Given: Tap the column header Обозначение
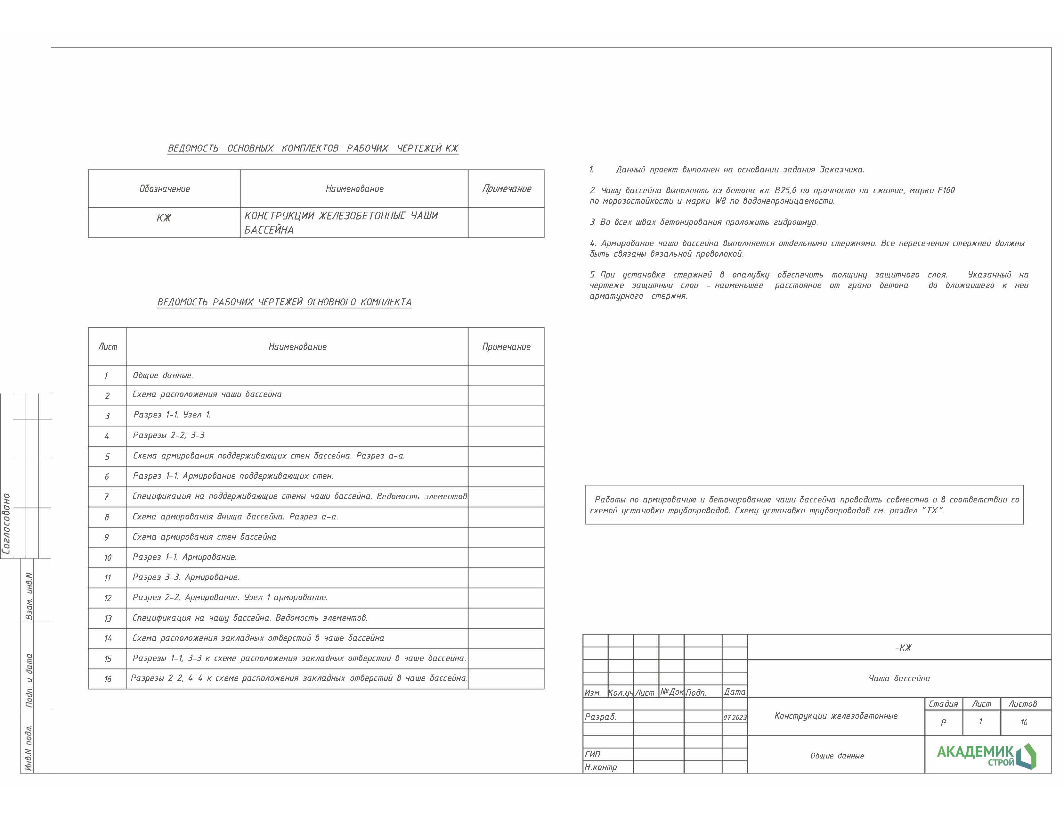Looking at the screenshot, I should tap(165, 189).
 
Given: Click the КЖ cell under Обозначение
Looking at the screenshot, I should tap(164, 218).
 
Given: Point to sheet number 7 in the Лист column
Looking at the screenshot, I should tap(107, 497).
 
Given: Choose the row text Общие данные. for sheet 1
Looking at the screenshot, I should tap(163, 375).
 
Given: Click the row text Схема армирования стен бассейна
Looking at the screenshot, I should tap(204, 537).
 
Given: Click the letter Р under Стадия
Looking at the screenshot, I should tap(943, 723).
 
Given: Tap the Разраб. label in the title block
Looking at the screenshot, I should tap(601, 716).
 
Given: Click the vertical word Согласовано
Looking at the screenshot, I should tap(6, 524).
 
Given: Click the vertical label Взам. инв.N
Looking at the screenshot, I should tap(29, 596).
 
